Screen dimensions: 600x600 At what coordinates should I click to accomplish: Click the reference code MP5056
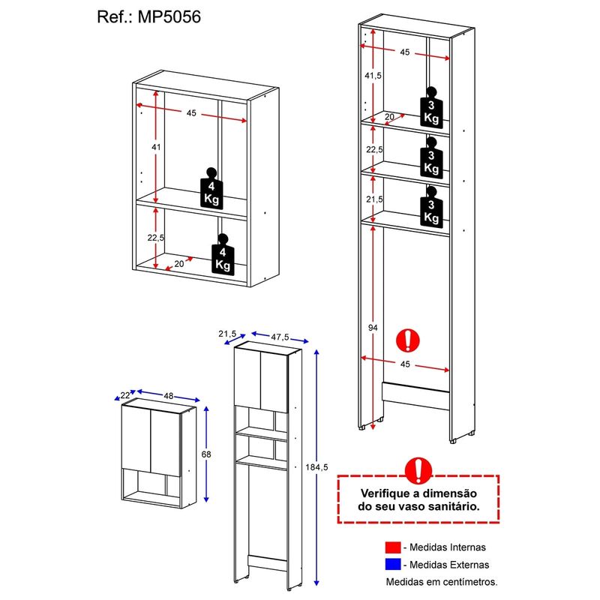[x=171, y=16]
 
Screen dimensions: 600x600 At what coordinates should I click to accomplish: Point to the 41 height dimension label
[x=156, y=147]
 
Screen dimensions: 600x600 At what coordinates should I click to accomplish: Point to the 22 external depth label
[x=124, y=395]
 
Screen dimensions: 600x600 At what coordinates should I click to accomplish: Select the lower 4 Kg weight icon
[x=222, y=255]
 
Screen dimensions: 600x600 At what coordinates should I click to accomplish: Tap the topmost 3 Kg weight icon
[x=431, y=109]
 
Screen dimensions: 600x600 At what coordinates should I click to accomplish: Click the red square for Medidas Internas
[x=394, y=547]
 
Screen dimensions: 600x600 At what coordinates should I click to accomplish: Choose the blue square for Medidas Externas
[x=394, y=564]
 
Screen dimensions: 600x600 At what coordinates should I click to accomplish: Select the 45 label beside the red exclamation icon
[x=405, y=365]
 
